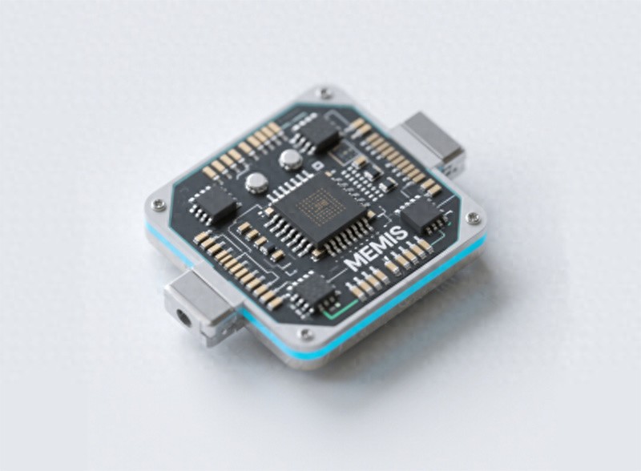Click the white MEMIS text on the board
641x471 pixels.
coord(376,248)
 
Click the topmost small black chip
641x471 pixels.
coord(320,131)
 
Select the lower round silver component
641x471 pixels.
coord(256,183)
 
